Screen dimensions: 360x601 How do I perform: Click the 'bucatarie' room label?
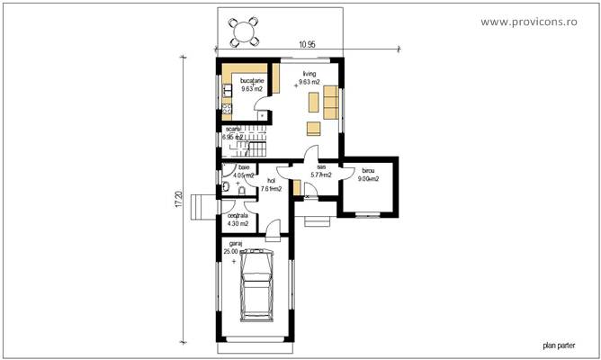pyautogui.click(x=252, y=81)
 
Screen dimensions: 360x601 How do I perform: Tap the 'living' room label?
pyautogui.click(x=309, y=74)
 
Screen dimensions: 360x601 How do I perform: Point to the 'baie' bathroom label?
pyautogui.click(x=243, y=167)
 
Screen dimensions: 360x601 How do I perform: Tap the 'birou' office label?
pyautogui.click(x=369, y=170)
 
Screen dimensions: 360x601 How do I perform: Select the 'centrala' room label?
pyautogui.click(x=238, y=216)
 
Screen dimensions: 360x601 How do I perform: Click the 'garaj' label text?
pyautogui.click(x=235, y=244)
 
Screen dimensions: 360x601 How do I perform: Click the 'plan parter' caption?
pyautogui.click(x=558, y=343)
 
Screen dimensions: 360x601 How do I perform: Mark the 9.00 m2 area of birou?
pyautogui.click(x=369, y=179)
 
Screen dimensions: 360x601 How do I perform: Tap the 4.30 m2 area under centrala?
pyautogui.click(x=238, y=224)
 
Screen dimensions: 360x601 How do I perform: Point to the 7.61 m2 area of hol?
pyautogui.click(x=271, y=189)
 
